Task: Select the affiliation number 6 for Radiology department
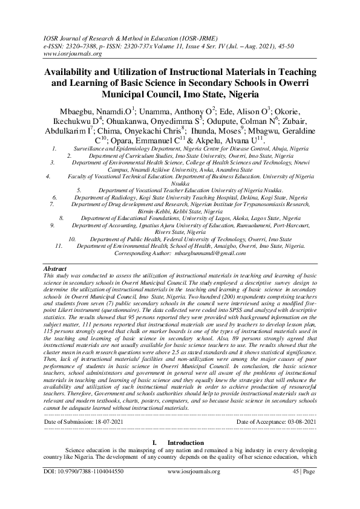pyautogui.click(x=55, y=198)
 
